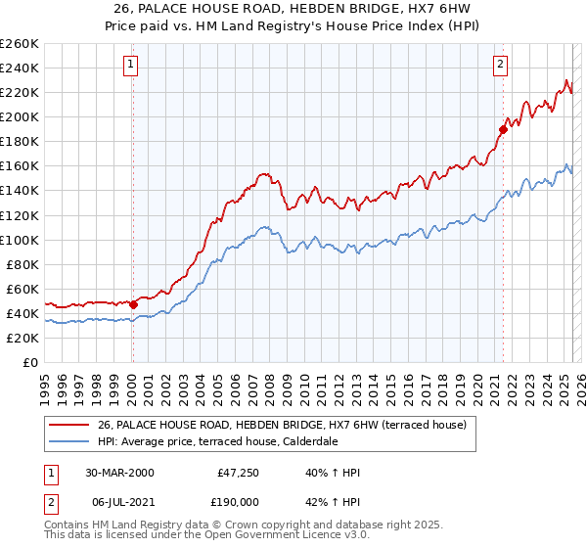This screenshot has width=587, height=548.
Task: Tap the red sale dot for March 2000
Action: coord(134,304)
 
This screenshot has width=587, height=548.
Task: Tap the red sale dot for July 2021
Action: coord(503,128)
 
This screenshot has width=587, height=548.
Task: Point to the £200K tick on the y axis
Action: coord(20,116)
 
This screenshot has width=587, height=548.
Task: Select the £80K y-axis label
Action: coord(23,264)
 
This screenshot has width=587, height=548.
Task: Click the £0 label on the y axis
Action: coord(31,362)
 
